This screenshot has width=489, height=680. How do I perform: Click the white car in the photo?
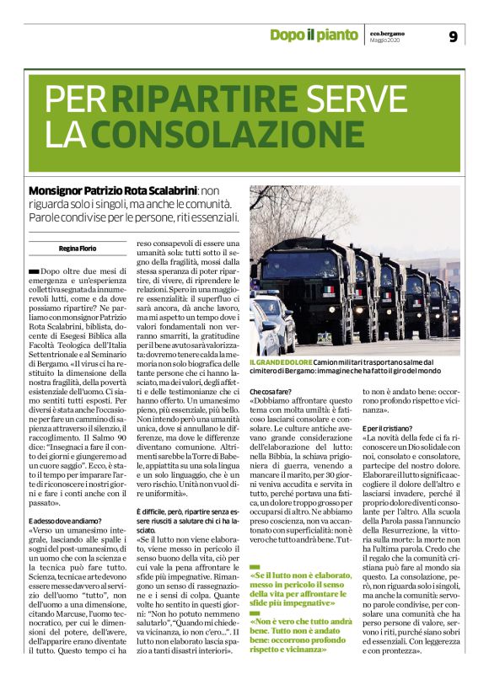point(271,324)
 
